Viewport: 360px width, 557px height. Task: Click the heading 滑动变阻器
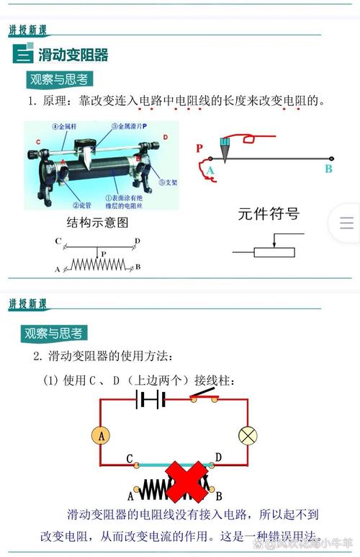pyautogui.click(x=73, y=55)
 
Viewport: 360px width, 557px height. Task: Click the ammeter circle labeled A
pyautogui.click(x=101, y=435)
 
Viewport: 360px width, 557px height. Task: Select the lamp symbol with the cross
pyautogui.click(x=248, y=435)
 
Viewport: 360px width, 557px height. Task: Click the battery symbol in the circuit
pyautogui.click(x=151, y=399)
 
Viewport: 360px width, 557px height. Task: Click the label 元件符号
pyautogui.click(x=269, y=214)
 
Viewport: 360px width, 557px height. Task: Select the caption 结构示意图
pyautogui.click(x=97, y=222)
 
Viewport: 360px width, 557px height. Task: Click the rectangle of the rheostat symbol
pyautogui.click(x=274, y=251)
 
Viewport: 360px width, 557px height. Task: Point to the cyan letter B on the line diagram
pyautogui.click(x=328, y=169)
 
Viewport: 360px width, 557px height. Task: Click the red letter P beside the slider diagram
pyautogui.click(x=199, y=148)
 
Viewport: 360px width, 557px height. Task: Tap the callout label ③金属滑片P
pyautogui.click(x=129, y=126)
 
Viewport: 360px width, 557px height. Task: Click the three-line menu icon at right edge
pyautogui.click(x=346, y=223)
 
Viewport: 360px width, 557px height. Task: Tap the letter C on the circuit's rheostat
pyautogui.click(x=129, y=458)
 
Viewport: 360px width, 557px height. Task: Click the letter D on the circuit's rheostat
pyautogui.click(x=218, y=458)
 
